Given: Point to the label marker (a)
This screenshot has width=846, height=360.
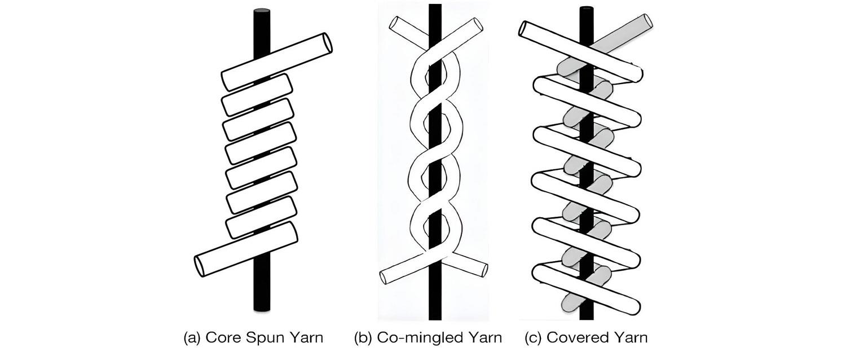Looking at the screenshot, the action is [192, 338].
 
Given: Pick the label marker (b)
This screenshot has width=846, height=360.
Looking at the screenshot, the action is [363, 338].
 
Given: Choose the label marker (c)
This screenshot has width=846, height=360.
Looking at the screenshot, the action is [533, 338].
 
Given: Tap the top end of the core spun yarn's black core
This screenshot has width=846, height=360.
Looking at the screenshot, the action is [262, 12].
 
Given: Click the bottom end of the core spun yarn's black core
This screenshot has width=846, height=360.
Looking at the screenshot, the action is [262, 309].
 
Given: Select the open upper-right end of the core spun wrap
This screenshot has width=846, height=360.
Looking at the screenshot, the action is [327, 43].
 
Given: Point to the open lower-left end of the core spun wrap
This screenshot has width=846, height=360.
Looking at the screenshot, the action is [200, 266].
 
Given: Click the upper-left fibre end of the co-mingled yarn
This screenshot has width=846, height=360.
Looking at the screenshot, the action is [394, 25].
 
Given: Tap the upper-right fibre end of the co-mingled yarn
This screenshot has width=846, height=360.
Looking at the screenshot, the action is [478, 25].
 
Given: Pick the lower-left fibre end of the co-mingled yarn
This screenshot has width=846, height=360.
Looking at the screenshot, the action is [384, 278].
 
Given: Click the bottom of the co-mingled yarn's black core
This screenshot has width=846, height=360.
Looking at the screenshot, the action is [435, 318].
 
